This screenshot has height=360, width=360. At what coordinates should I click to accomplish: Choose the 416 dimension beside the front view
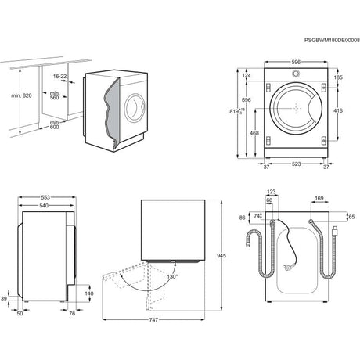(337, 112)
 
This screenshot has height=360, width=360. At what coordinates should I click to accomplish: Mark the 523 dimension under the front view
(296, 164)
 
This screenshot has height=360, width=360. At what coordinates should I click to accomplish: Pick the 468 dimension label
(254, 133)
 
